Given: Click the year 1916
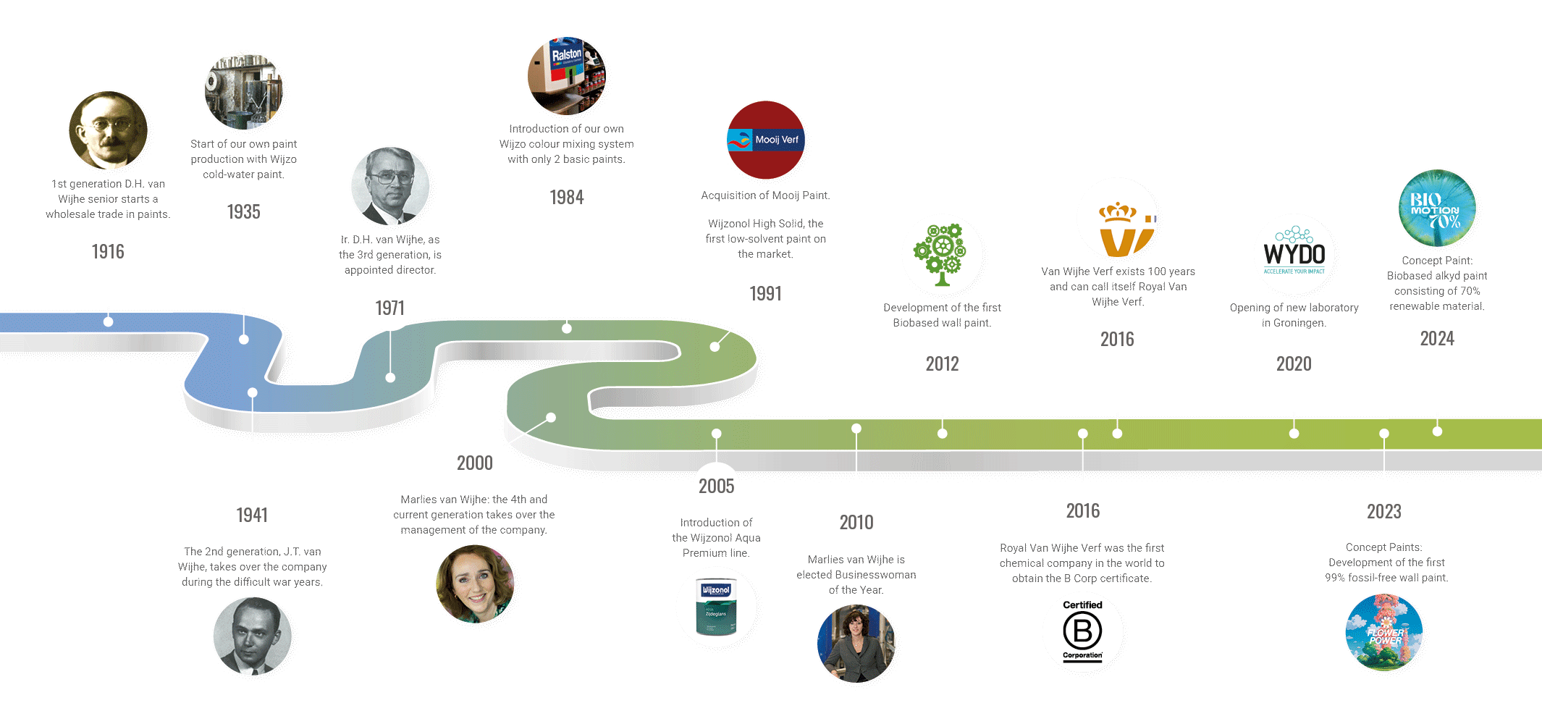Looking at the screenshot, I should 108,252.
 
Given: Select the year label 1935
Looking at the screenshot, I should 243,212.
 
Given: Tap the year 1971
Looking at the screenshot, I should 389,308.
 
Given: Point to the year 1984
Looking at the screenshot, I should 566,198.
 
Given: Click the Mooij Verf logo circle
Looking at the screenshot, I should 765,140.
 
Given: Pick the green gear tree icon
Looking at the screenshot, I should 940,254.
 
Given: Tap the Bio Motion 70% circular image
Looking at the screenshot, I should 1437,209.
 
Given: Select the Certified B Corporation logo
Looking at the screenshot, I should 1082,631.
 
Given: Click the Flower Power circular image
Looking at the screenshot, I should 1384,632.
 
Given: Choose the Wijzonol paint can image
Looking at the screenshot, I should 716,607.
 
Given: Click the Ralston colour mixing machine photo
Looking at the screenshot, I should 566,76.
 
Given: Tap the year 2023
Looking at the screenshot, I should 1383,512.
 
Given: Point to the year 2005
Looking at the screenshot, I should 716,487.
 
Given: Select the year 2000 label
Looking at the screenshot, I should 474,463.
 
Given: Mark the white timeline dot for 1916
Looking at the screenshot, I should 108,321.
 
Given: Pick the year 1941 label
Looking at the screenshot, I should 252,515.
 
